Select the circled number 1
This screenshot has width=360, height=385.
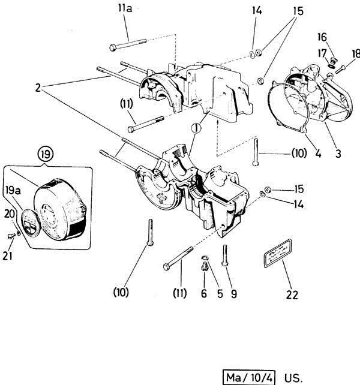point(196,128)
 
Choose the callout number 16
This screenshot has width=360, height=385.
point(338,37)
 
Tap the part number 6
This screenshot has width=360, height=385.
point(203,294)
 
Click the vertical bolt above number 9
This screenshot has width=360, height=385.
point(225,255)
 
